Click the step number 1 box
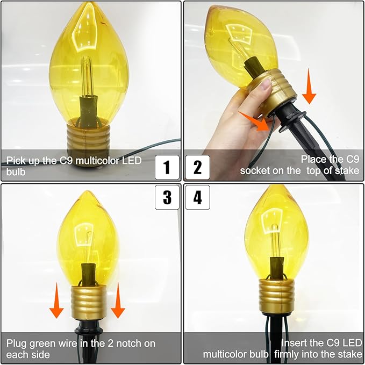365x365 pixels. tap(167, 167)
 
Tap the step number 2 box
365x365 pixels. tap(198, 167)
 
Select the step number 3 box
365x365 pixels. tap(167, 197)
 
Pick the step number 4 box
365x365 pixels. tap(198, 197)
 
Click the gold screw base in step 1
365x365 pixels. tap(85, 137)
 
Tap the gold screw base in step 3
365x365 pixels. tap(89, 302)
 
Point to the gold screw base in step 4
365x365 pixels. tap(276, 297)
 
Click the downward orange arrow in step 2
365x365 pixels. tap(309, 86)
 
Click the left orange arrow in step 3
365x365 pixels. tap(56, 300)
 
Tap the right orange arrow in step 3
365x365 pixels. tap(118, 300)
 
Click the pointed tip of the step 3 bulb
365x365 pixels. tap(87, 191)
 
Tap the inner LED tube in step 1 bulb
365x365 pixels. tap(87, 76)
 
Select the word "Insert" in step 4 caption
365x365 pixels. tap(294, 343)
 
